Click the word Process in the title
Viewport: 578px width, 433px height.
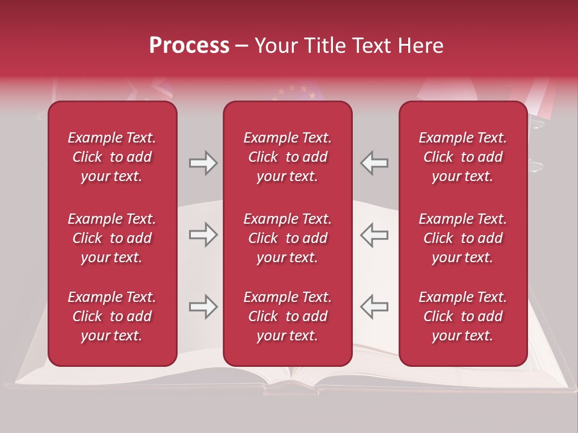(x=189, y=46)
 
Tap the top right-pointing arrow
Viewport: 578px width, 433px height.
(x=203, y=163)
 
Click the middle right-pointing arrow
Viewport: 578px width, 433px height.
(x=203, y=235)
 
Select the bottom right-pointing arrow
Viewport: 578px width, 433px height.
(x=203, y=307)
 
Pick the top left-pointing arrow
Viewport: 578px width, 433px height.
(x=374, y=163)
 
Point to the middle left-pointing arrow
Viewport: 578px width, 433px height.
(x=374, y=235)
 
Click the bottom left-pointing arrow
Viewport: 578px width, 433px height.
(x=374, y=307)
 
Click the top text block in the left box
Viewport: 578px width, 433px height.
(x=112, y=157)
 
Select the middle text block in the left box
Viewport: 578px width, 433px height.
(x=112, y=238)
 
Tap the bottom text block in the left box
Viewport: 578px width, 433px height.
(x=112, y=316)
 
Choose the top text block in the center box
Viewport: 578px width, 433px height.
(x=288, y=157)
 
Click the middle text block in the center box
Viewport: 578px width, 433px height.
(x=288, y=238)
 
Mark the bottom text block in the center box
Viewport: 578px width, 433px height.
(x=288, y=316)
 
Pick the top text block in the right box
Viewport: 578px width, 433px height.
(x=463, y=157)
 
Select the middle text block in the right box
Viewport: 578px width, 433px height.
(x=463, y=238)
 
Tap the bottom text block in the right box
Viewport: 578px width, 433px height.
(x=463, y=316)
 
